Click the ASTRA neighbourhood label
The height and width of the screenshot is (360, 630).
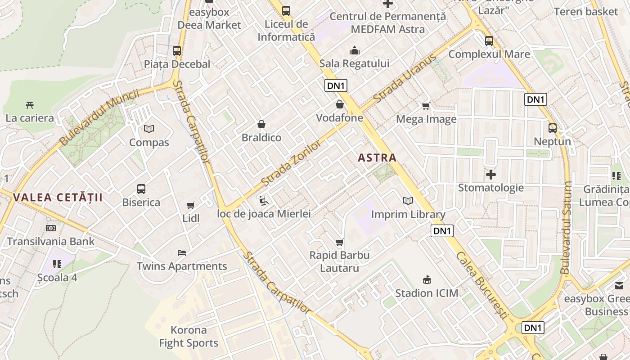(377, 158)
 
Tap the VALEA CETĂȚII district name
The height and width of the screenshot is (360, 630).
(58, 198)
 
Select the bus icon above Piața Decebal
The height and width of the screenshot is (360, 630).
(177, 51)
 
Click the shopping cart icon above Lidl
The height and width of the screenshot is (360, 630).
(191, 205)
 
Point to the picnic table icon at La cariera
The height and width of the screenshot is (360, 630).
(30, 105)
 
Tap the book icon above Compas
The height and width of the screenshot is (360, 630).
(149, 129)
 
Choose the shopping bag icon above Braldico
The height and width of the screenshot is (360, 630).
(261, 124)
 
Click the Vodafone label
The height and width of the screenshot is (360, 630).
(339, 118)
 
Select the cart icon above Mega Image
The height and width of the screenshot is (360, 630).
(426, 106)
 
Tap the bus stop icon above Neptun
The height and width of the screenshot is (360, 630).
(553, 128)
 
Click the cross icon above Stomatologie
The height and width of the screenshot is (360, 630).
(491, 174)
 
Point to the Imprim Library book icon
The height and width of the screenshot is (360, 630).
(408, 201)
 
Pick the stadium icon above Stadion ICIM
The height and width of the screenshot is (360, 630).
(427, 280)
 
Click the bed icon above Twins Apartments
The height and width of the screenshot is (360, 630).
(182, 252)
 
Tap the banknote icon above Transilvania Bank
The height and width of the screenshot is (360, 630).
(51, 228)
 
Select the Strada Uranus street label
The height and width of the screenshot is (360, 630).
(405, 78)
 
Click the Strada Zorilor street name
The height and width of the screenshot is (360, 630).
(291, 163)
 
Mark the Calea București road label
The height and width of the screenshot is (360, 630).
(482, 286)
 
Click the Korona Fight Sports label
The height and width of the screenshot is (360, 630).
(189, 337)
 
